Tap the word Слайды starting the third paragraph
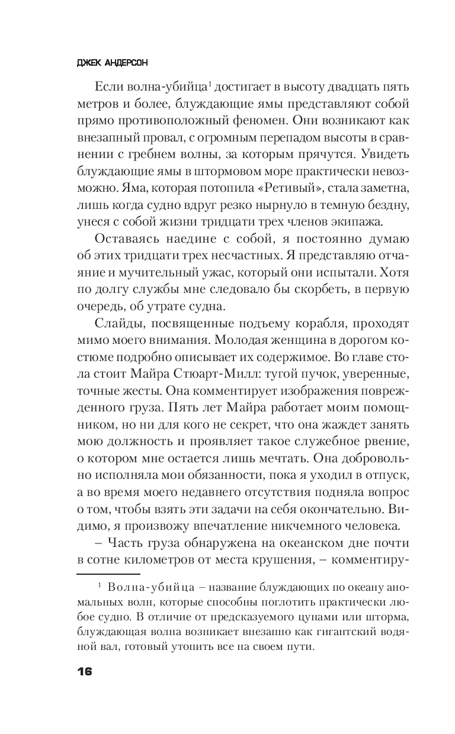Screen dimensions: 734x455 pos(116,327)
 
